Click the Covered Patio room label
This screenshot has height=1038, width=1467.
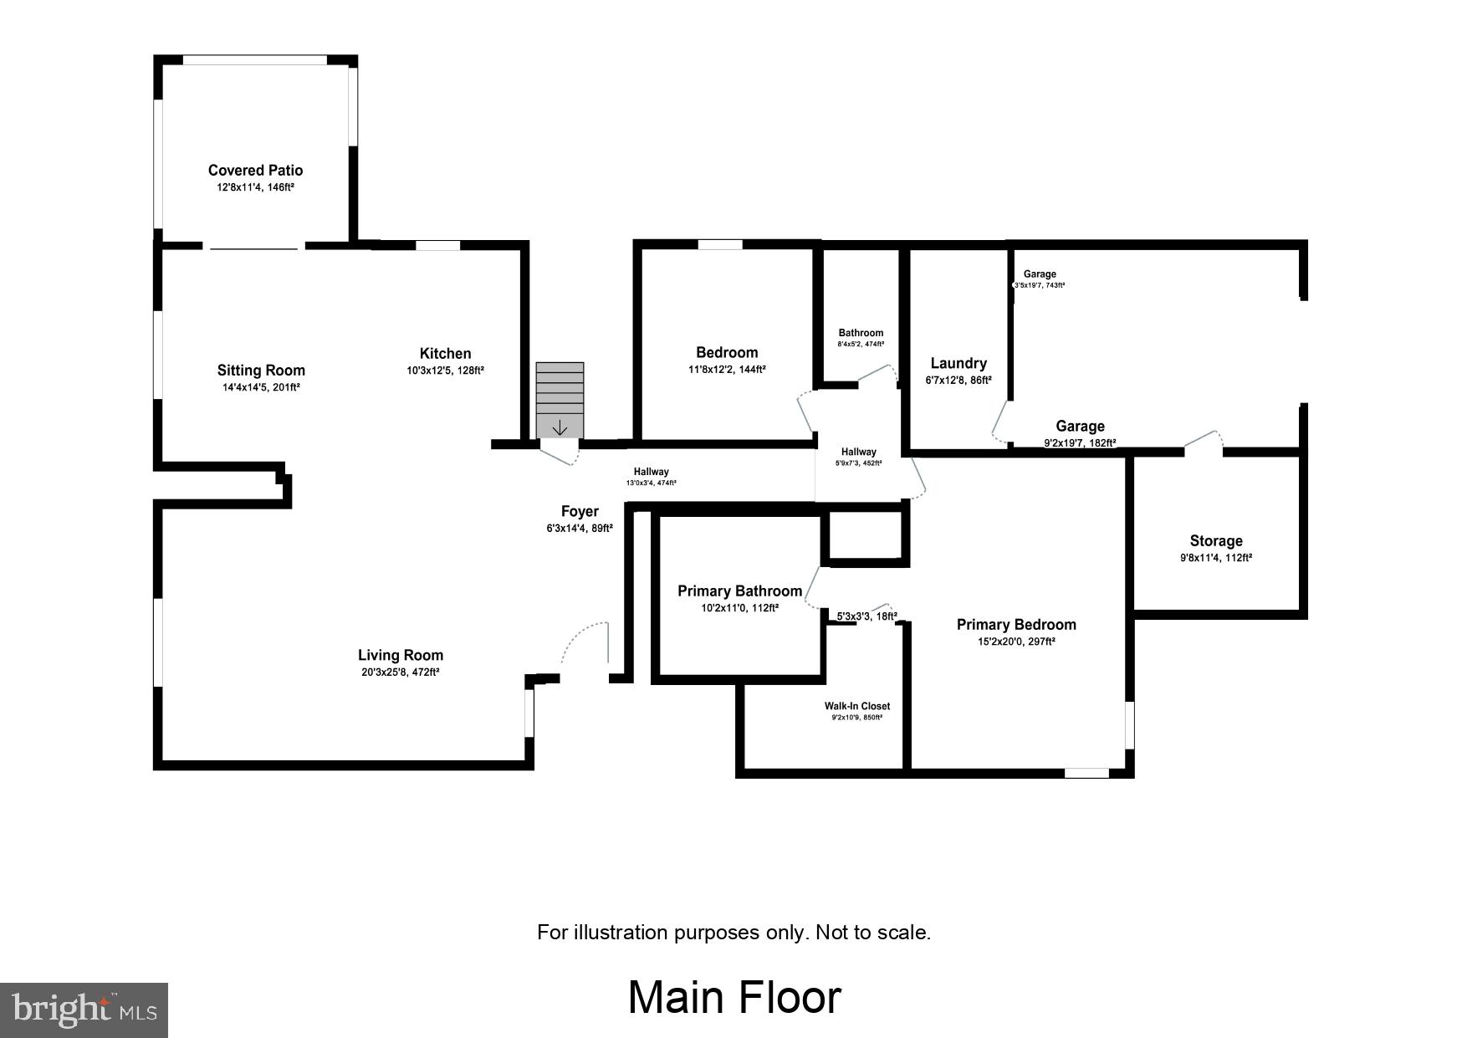(255, 171)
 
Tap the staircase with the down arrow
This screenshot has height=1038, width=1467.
(560, 400)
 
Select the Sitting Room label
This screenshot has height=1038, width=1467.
(261, 371)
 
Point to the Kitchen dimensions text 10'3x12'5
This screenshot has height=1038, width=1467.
(445, 371)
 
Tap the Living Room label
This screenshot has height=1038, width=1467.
(401, 656)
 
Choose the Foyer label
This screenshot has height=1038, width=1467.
(580, 512)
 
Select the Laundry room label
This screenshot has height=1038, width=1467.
(958, 363)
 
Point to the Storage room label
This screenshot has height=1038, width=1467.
(1216, 541)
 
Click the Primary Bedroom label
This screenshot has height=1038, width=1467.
(1016, 625)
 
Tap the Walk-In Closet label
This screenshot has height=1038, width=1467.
(857, 706)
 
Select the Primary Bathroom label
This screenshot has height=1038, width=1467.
(739, 591)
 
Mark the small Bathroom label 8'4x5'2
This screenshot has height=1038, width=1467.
(861, 333)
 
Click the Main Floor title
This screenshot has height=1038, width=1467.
(733, 998)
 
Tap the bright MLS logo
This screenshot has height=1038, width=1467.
(84, 1010)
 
